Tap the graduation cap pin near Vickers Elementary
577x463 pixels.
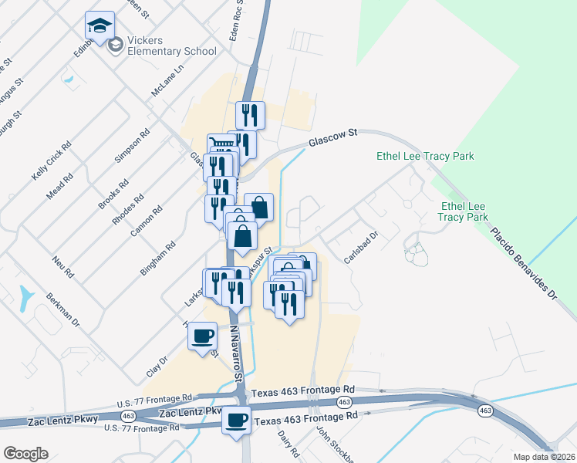[100, 25]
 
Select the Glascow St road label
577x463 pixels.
[333, 138]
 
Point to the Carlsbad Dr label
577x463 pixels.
[361, 248]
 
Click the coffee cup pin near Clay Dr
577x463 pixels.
[202, 336]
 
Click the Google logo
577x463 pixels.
[25, 454]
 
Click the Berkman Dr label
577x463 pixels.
[62, 309]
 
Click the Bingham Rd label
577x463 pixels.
[158, 259]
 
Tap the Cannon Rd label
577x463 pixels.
[148, 218]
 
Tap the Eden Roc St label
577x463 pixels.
[236, 23]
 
